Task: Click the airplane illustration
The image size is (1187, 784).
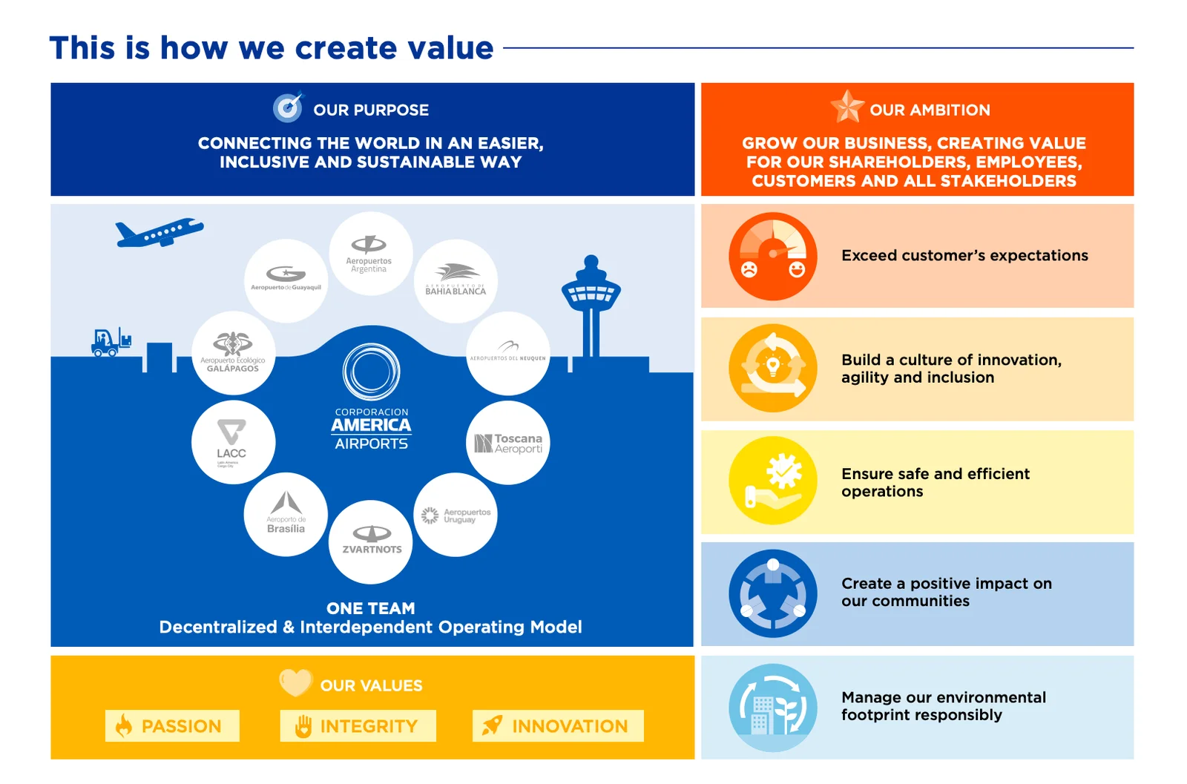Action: click(158, 233)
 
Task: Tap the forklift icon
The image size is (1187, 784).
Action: click(110, 342)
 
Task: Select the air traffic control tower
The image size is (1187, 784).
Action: click(591, 304)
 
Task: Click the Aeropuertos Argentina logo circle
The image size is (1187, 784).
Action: click(370, 254)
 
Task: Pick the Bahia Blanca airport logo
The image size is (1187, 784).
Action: click(455, 280)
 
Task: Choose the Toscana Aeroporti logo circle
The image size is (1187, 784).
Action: click(508, 443)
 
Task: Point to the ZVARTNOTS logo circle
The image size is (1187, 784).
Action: click(371, 541)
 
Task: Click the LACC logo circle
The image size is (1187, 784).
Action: click(233, 442)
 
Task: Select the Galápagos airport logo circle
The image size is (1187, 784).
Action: click(233, 352)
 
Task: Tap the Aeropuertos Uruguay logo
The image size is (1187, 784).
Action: click(455, 515)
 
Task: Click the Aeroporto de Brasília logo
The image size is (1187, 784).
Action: click(286, 514)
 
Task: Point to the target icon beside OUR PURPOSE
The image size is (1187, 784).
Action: click(288, 108)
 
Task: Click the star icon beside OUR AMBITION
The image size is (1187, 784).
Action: click(847, 107)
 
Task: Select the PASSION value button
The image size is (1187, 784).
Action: click(172, 725)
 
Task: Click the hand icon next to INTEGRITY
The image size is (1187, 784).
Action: click(303, 726)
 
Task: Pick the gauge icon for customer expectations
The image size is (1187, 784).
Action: click(772, 256)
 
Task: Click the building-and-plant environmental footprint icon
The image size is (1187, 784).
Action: click(772, 708)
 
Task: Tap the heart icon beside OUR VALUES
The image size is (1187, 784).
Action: click(295, 682)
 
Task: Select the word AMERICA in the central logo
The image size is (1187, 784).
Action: click(371, 425)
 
